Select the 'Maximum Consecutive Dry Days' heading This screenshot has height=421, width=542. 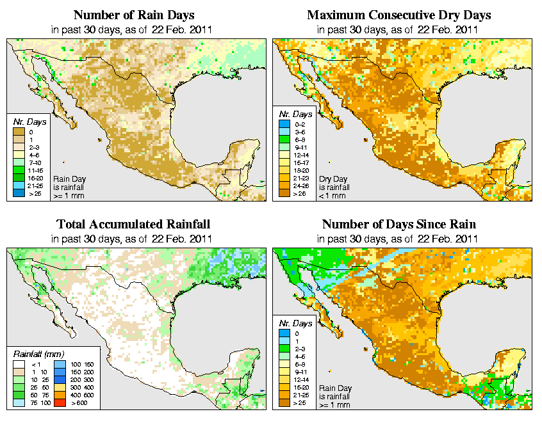click(x=399, y=14)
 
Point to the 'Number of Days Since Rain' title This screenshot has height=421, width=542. click(x=399, y=224)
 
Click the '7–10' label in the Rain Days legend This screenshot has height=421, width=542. click(x=33, y=163)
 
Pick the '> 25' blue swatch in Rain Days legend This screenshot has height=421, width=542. click(x=19, y=193)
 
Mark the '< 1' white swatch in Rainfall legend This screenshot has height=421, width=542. click(x=19, y=363)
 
